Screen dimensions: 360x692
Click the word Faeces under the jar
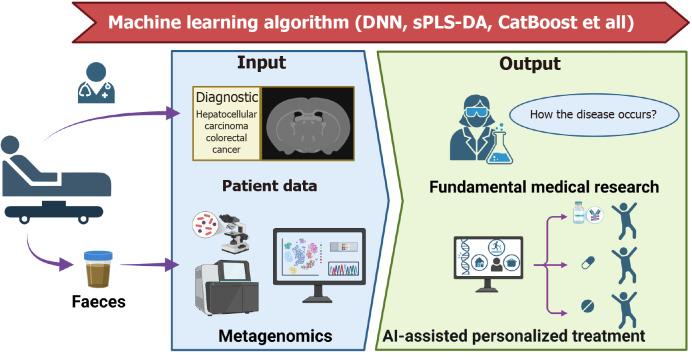[98, 302]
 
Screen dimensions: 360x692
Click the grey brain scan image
[320, 123]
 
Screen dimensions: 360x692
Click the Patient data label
[271, 186]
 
